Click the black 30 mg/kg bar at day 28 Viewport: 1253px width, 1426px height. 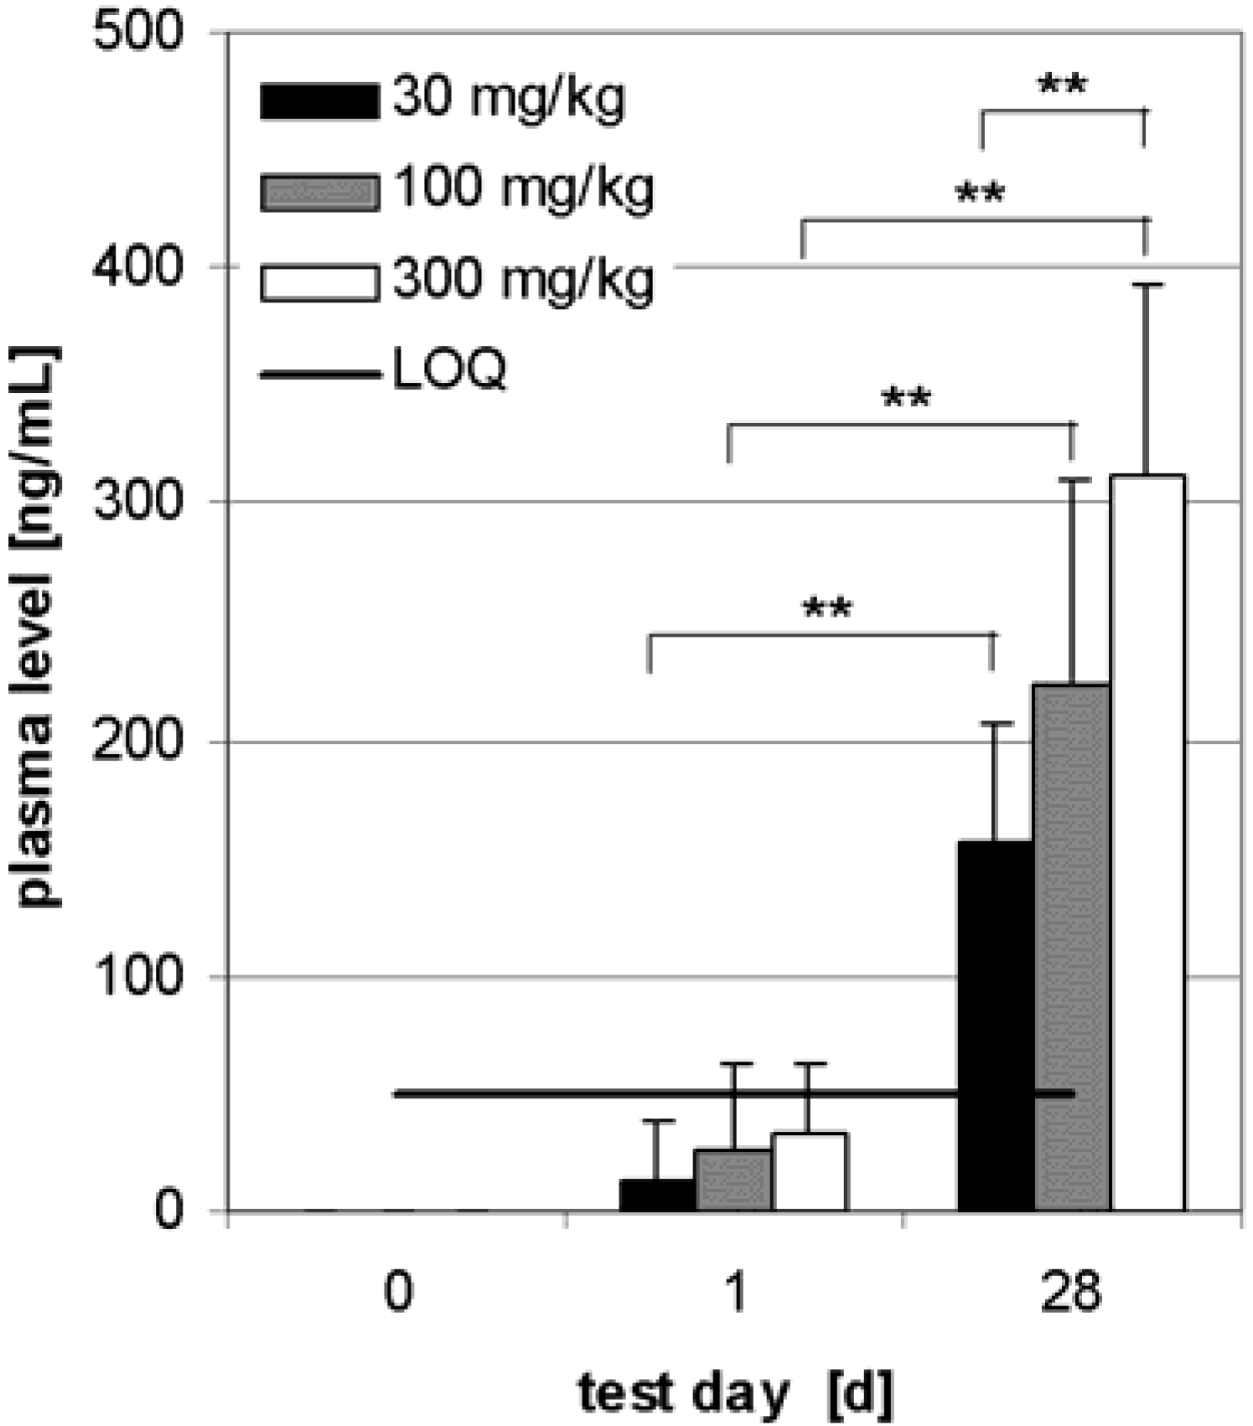[x=995, y=1026]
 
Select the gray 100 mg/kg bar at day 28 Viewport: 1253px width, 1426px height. [x=1072, y=947]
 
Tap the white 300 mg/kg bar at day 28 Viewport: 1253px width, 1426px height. [x=1147, y=842]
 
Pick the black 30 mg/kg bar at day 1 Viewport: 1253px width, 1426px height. [x=657, y=1196]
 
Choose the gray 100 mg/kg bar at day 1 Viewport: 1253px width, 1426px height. [x=733, y=1181]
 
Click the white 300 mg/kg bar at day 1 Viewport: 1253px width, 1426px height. [x=809, y=1172]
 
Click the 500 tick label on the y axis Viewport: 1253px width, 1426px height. [x=137, y=34]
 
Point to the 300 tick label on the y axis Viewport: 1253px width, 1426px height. [x=137, y=502]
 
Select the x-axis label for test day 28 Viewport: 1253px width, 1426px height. [x=1070, y=1291]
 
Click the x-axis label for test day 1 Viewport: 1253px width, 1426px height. [x=734, y=1291]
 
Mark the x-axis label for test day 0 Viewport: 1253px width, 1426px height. [x=398, y=1291]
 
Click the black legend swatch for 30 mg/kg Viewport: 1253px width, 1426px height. [x=319, y=101]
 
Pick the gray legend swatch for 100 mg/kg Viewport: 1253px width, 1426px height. [x=319, y=192]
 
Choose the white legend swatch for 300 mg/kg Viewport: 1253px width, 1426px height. [x=319, y=282]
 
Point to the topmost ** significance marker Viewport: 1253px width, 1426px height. [x=1062, y=85]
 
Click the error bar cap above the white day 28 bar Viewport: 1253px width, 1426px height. [x=1147, y=286]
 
